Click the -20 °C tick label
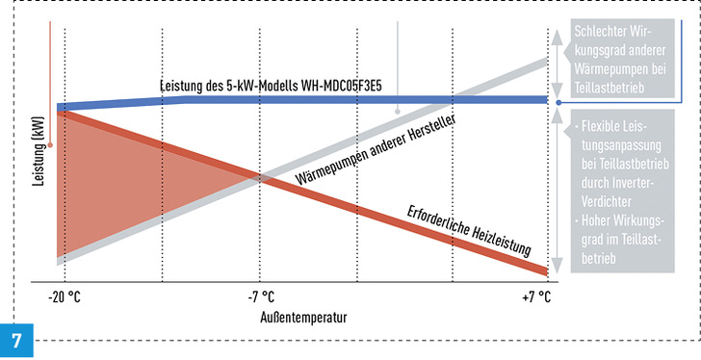[65, 296]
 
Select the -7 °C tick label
[260, 296]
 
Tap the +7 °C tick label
[537, 296]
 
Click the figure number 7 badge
[16, 342]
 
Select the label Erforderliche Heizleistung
[469, 230]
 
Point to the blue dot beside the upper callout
[558, 100]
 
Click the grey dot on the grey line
[396, 111]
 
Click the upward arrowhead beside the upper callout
[558, 32]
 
